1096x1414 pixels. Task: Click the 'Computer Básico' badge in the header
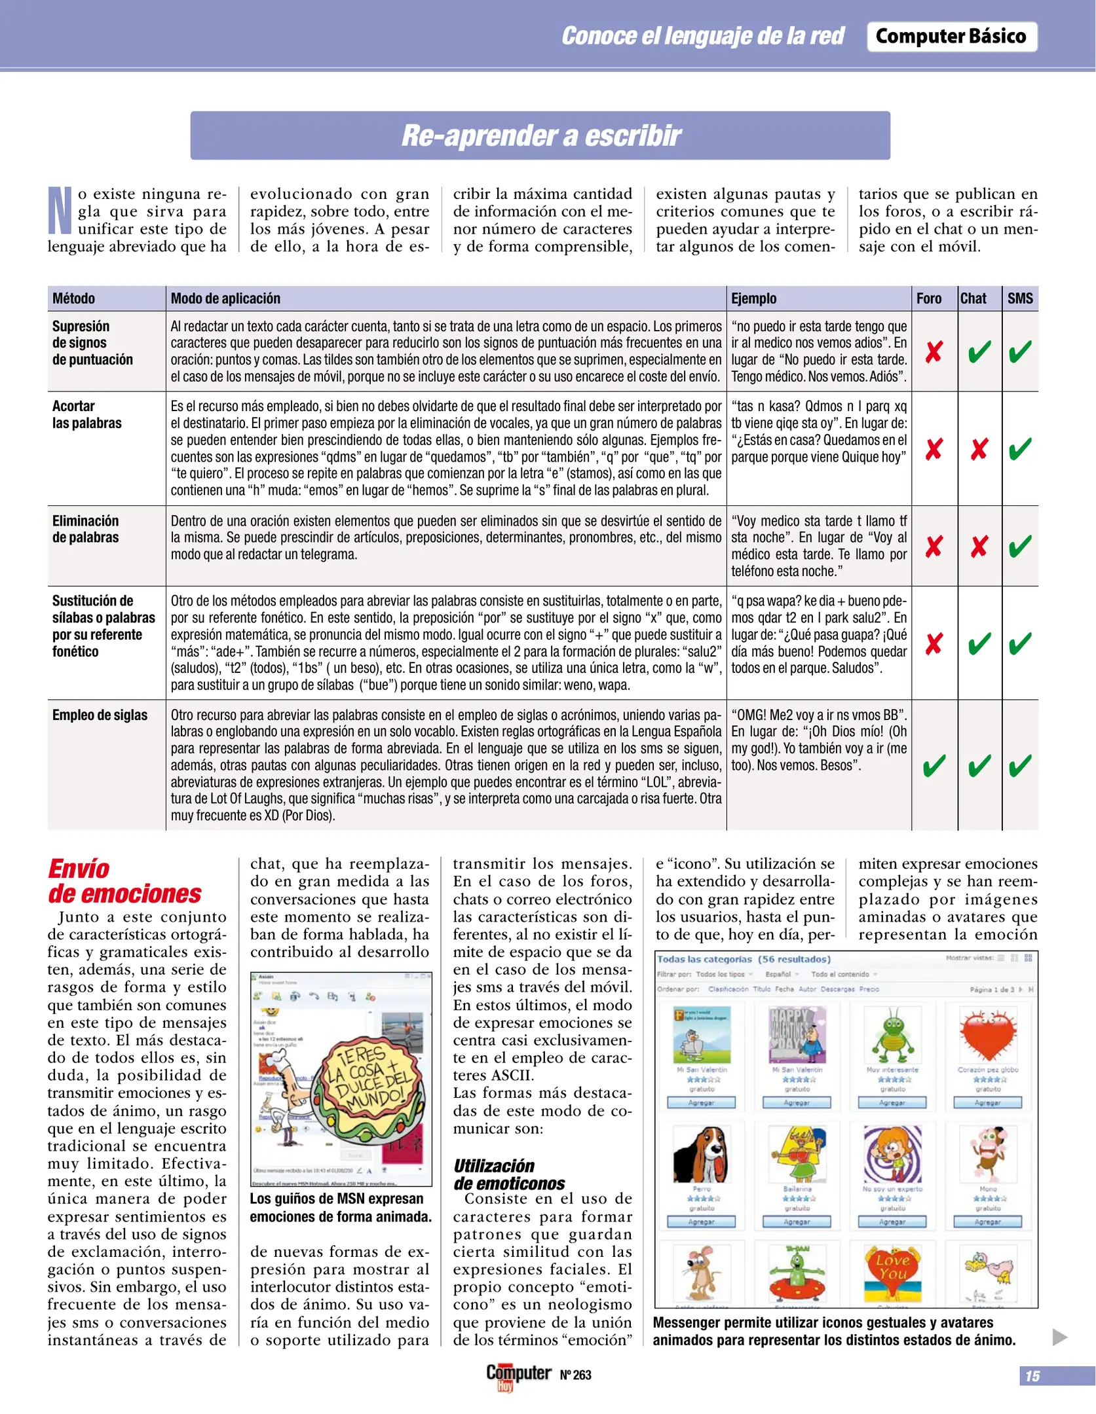point(951,37)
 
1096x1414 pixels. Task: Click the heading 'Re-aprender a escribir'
point(540,136)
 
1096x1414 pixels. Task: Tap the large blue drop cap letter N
point(60,211)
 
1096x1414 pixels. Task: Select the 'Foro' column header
point(928,299)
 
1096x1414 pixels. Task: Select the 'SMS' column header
point(1019,299)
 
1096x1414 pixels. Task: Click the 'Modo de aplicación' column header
point(225,299)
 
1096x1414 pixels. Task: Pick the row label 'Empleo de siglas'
point(100,715)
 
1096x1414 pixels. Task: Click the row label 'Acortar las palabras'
point(86,414)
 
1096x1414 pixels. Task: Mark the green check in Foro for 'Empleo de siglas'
point(934,765)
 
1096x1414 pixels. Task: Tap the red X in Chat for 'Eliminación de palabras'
point(979,546)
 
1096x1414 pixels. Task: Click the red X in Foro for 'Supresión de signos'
point(934,352)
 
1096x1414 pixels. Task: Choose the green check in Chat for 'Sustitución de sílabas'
point(979,644)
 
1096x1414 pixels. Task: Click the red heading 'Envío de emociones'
point(124,881)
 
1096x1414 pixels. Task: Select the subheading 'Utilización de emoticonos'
point(508,1174)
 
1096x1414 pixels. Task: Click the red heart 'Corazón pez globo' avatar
point(987,1034)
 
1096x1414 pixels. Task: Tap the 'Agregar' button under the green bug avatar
point(892,1102)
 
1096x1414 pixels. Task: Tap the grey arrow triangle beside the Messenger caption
point(1059,1337)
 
